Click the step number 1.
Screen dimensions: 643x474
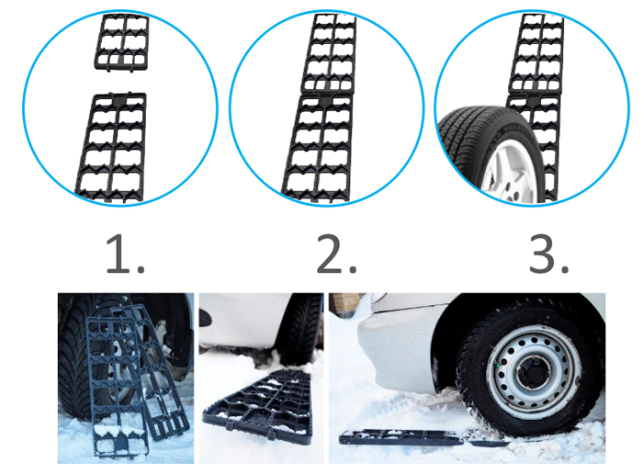126,255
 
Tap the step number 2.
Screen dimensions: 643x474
337,255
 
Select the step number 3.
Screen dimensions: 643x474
548,255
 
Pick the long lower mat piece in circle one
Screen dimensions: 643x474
111,148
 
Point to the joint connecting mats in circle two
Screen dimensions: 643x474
327,94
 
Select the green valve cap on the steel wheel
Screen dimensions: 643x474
499,365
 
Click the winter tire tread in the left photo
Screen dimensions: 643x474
76,361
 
